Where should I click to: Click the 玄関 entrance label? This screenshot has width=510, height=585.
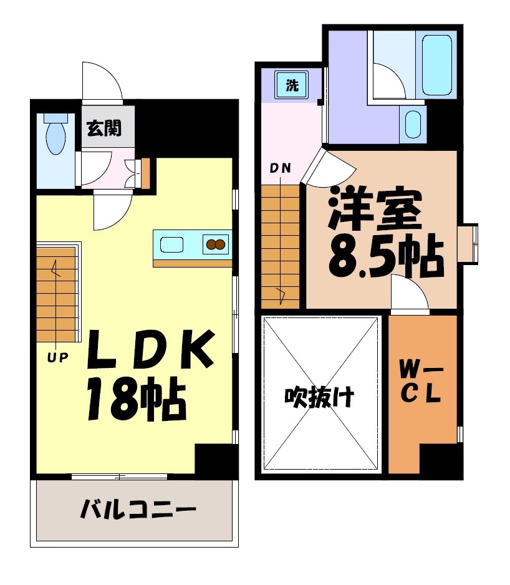point(103,129)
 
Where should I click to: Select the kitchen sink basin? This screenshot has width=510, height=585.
point(171,244)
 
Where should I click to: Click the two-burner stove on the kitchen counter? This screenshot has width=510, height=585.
point(216,244)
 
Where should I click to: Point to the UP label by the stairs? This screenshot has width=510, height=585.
point(59,357)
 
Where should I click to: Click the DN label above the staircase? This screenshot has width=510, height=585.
point(280,168)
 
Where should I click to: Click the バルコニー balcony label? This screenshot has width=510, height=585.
point(138,511)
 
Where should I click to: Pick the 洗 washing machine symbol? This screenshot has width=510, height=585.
point(292,86)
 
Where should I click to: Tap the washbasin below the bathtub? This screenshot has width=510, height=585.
point(413,123)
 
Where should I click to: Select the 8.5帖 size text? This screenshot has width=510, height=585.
point(386,256)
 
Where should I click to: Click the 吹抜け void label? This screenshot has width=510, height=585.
point(320,397)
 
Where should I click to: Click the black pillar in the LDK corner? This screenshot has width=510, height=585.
point(215,460)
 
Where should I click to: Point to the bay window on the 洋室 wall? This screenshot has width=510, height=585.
point(468,243)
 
